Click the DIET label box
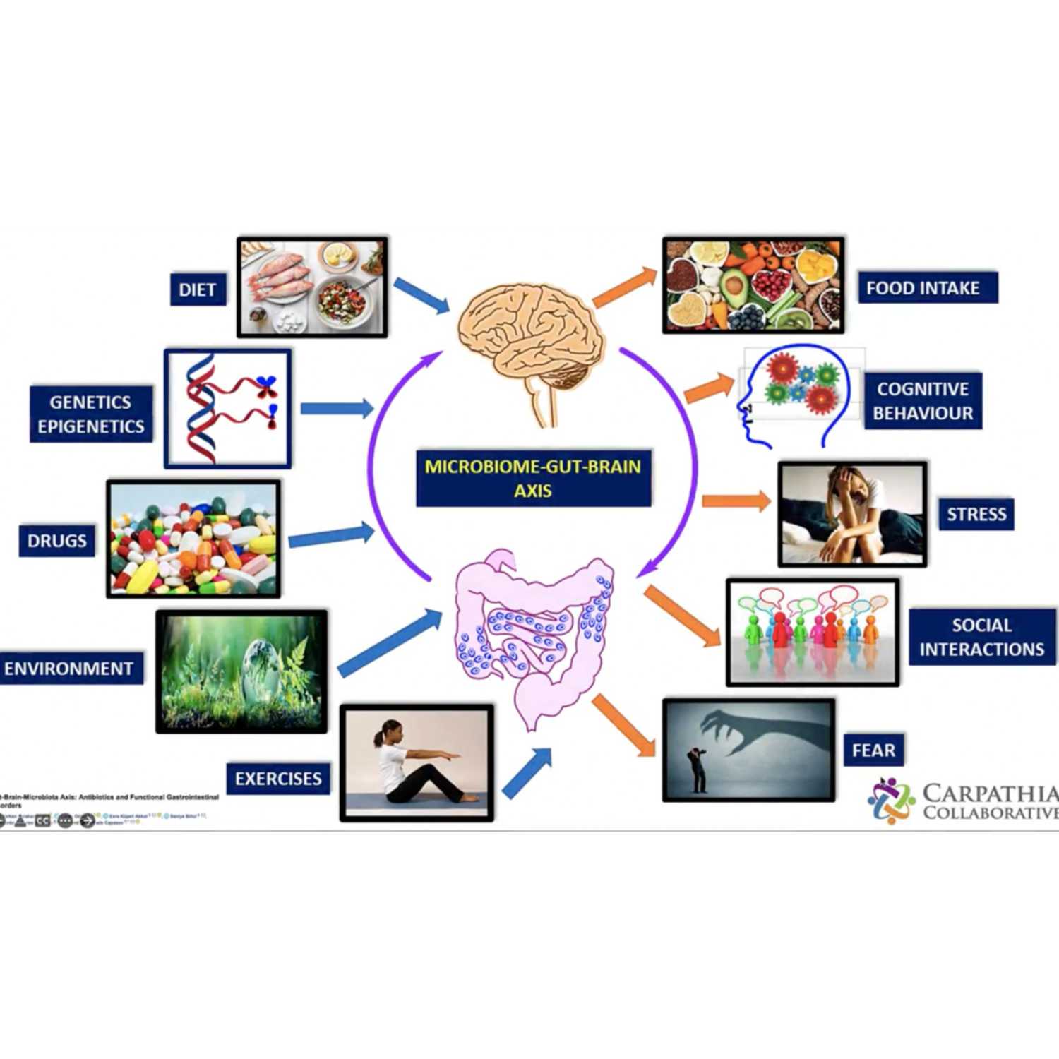click(x=198, y=289)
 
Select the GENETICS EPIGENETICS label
click(x=91, y=414)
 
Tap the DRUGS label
click(x=56, y=541)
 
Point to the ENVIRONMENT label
click(x=69, y=669)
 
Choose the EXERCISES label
click(x=278, y=779)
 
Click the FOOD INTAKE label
click(x=923, y=288)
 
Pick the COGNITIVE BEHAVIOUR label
click(x=923, y=401)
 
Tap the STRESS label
click(x=976, y=514)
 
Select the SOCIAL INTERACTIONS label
click(x=981, y=637)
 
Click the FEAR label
click(x=873, y=750)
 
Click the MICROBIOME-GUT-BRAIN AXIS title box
click(x=533, y=479)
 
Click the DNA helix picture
click(x=227, y=408)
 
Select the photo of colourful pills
click(x=193, y=539)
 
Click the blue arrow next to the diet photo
click(x=421, y=294)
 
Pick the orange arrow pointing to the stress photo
click(x=736, y=501)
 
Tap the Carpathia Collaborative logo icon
click(x=891, y=801)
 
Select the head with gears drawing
click(x=794, y=395)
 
